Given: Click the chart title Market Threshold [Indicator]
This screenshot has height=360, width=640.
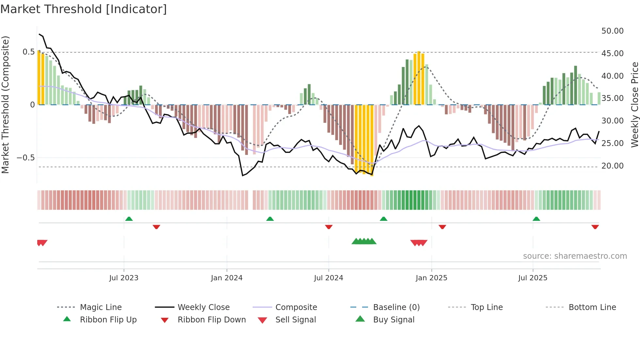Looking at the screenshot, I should click(x=84, y=9).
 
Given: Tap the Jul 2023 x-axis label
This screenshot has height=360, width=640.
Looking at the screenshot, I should click(x=124, y=278).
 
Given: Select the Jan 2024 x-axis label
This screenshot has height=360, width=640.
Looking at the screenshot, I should click(x=227, y=278).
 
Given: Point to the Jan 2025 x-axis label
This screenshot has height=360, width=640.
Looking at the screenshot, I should click(x=431, y=278).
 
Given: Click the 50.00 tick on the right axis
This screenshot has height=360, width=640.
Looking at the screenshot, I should click(x=612, y=31).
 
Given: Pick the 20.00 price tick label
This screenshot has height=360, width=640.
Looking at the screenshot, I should click(x=612, y=166).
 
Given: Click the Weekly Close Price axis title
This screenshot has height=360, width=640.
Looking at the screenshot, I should click(x=634, y=105).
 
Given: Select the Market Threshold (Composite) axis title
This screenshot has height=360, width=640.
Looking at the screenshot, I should click(x=5, y=105).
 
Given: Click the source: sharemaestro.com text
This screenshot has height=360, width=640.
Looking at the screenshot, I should click(x=575, y=256).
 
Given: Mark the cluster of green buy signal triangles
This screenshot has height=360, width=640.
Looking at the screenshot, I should click(x=364, y=242).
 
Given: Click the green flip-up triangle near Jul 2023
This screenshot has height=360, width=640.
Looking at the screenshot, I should click(x=129, y=219).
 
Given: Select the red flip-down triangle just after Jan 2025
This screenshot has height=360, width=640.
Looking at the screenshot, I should click(x=442, y=227).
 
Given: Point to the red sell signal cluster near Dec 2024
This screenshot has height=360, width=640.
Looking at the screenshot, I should click(x=419, y=243).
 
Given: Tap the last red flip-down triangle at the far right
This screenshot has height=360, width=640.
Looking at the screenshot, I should click(x=595, y=227).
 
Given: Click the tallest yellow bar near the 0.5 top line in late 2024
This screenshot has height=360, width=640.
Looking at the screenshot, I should click(x=419, y=78).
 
